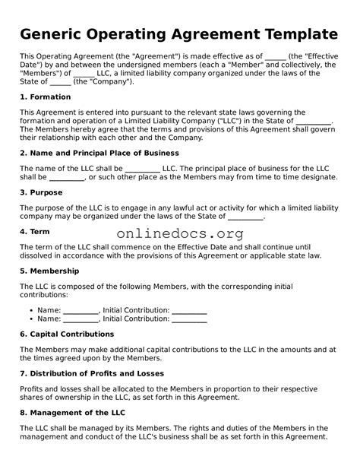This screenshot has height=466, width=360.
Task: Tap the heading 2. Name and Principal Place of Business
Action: click(99, 153)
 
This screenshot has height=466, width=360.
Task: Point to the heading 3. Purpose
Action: click(41, 192)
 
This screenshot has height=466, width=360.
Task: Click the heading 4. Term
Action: click(35, 231)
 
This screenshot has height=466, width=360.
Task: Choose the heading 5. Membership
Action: click(49, 271)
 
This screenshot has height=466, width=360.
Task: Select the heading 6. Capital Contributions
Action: click(67, 334)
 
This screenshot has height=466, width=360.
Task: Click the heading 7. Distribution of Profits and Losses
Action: click(92, 373)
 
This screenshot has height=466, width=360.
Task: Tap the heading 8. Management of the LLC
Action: click(72, 413)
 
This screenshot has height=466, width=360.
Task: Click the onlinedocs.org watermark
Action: click(180, 234)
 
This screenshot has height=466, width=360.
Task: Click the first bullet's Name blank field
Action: click(81, 311)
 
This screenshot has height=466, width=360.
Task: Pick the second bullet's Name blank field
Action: click(81, 320)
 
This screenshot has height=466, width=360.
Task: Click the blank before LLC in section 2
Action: click(142, 168)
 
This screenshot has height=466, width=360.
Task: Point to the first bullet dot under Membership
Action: click(29, 311)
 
